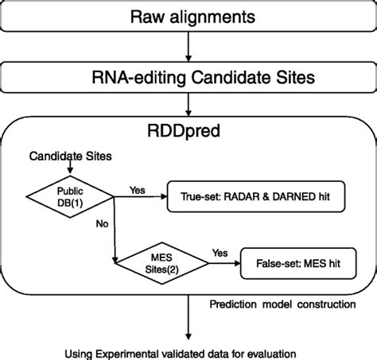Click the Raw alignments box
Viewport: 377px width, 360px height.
[x=188, y=17]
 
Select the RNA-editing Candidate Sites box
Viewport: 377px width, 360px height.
[x=188, y=78]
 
